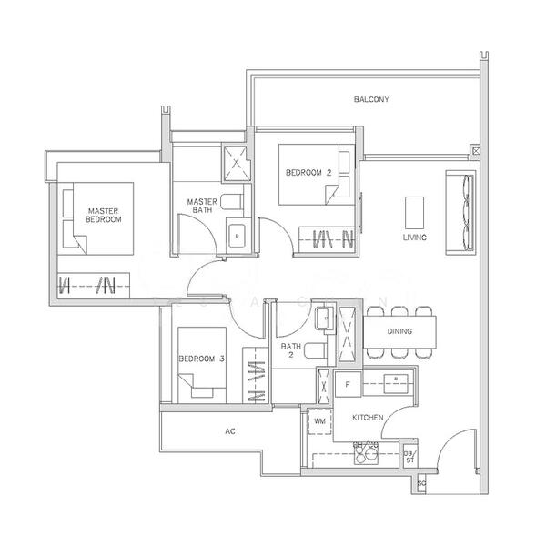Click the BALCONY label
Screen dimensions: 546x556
tap(372, 99)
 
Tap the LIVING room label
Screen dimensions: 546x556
tap(415, 238)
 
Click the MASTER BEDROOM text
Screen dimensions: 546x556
tap(104, 215)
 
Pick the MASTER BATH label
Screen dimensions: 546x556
tap(201, 207)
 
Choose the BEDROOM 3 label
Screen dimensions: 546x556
tap(201, 359)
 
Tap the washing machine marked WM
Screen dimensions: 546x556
tap(320, 422)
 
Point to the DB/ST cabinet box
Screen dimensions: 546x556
tap(410, 457)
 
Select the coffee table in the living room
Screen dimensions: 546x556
tap(414, 212)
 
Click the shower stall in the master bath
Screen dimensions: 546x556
tap(238, 165)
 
